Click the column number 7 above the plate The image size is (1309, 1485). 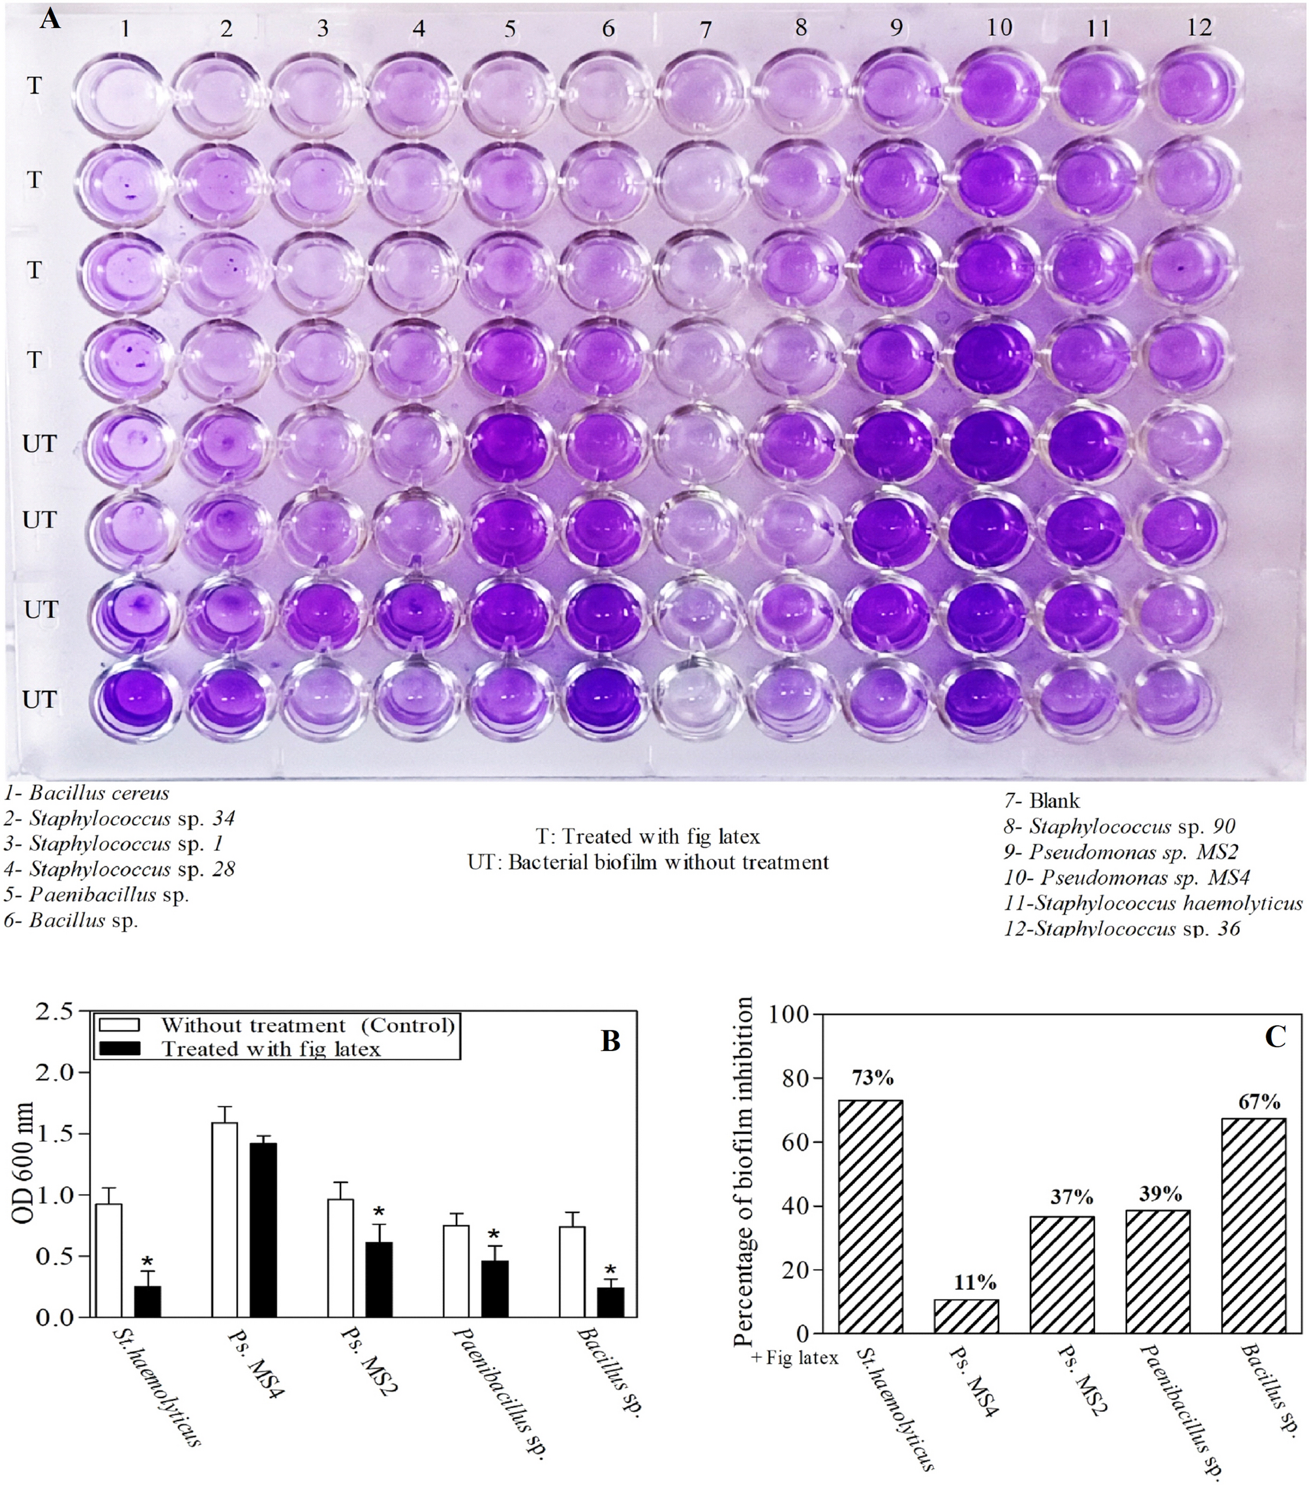coord(704,30)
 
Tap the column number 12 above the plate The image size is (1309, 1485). coord(1199,27)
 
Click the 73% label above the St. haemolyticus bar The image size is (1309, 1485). coord(873,1077)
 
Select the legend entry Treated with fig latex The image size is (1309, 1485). coord(270,1049)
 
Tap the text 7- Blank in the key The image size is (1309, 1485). coord(1042,801)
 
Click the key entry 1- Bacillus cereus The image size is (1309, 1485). coord(87,793)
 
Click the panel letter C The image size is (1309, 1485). coord(1276,1037)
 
